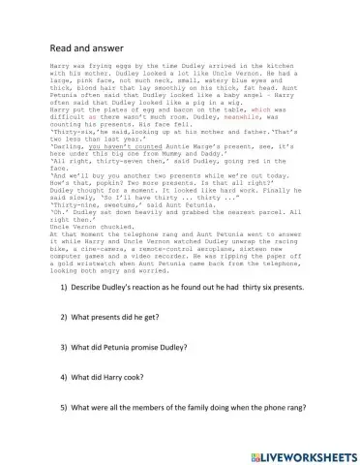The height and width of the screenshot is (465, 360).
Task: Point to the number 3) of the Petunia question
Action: tap(65, 347)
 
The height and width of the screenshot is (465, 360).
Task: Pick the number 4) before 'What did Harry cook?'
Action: tap(65, 376)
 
